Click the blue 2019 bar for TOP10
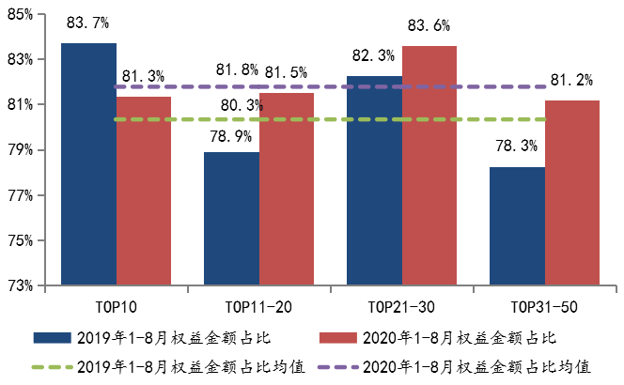pyautogui.click(x=88, y=163)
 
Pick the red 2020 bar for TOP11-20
pyautogui.click(x=288, y=188)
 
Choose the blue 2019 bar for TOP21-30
pyautogui.click(x=374, y=179)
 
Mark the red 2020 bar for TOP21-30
pyautogui.click(x=429, y=164)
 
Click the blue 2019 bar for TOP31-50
pyautogui.click(x=517, y=225)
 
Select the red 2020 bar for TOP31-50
pyautogui.click(x=572, y=192)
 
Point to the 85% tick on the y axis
pyautogui.click(x=20, y=14)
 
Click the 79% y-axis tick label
pyautogui.click(x=20, y=150)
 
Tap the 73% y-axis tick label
pyautogui.click(x=20, y=285)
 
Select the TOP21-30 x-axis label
pyautogui.click(x=401, y=307)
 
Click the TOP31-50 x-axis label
pyautogui.click(x=544, y=307)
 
